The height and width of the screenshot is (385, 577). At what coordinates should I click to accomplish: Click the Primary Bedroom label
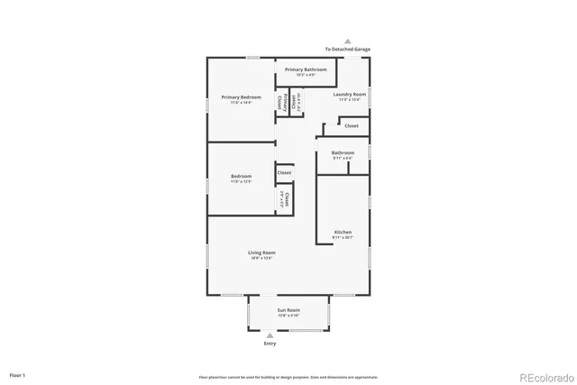click(x=241, y=97)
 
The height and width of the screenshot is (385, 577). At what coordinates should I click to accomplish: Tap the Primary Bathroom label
click(x=306, y=69)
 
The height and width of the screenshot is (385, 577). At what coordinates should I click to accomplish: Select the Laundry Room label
click(x=349, y=94)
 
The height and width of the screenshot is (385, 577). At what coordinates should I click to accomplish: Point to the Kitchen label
click(x=343, y=233)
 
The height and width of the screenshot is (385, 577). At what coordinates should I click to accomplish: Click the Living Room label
click(x=261, y=252)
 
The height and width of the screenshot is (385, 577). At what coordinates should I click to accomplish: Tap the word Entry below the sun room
click(x=270, y=344)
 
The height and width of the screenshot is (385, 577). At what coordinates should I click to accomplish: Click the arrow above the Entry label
click(x=270, y=335)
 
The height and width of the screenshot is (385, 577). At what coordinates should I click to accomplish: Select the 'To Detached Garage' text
click(x=348, y=50)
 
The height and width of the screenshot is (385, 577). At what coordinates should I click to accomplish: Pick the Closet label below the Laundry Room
click(x=351, y=126)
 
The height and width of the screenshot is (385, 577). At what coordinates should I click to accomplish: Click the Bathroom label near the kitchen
click(x=343, y=152)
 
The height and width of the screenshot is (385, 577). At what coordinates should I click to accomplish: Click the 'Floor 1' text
click(x=18, y=373)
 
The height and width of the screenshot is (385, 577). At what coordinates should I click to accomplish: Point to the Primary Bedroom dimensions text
click(x=241, y=103)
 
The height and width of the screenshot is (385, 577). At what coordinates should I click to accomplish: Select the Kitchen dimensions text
click(x=343, y=238)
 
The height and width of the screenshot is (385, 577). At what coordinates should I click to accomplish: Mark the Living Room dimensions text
click(x=261, y=258)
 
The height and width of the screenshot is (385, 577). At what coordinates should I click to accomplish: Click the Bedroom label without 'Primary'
click(x=241, y=177)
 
